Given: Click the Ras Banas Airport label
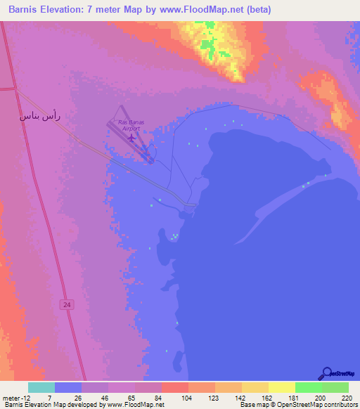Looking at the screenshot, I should [x=131, y=125].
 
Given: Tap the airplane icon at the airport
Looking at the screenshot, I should [x=132, y=137].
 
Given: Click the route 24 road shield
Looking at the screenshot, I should [x=66, y=304].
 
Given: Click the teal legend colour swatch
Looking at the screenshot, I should [x=41, y=387].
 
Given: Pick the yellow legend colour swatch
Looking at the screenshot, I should [x=282, y=387].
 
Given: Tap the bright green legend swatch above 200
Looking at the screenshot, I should [x=309, y=387].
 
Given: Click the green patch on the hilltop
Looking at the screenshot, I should [x=208, y=45].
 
